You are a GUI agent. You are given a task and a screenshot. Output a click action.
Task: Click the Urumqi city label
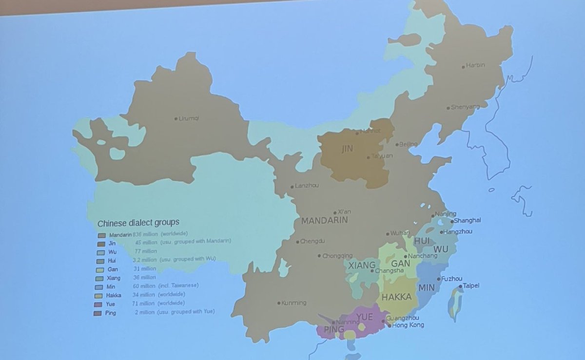190,118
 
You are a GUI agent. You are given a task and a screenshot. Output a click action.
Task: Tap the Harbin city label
475,65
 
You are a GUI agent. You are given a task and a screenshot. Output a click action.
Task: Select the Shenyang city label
465,107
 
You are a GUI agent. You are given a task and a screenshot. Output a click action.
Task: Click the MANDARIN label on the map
324,221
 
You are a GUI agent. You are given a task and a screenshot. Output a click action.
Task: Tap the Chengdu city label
312,241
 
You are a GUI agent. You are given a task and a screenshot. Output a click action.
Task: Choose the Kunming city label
294,303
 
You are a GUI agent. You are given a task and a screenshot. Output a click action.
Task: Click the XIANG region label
362,265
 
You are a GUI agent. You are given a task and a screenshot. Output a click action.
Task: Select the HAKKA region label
397,297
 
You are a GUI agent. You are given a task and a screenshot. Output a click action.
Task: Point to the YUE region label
365,317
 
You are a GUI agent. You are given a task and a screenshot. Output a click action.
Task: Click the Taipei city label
471,286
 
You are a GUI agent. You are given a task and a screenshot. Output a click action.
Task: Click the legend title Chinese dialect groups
138,223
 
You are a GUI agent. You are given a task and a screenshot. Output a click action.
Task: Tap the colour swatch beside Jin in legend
101,243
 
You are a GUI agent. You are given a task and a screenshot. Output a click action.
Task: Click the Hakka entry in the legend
113,295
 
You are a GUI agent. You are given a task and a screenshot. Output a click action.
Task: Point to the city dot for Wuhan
388,234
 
